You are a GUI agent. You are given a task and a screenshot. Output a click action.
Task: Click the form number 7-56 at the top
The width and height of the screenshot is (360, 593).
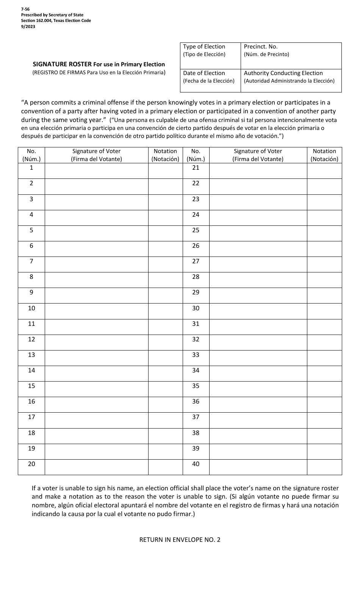click(x=25, y=9)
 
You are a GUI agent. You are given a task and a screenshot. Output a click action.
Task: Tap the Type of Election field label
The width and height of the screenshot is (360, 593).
click(x=204, y=47)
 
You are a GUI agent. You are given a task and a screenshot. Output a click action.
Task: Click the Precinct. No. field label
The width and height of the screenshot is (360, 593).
click(x=261, y=47)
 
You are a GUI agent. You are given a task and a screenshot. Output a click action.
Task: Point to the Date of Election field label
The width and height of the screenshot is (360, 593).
click(x=204, y=73)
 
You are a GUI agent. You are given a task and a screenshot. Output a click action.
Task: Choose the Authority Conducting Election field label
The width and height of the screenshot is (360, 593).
click(x=283, y=73)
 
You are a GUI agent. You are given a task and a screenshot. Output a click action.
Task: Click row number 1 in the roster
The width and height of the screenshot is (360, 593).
click(x=31, y=167)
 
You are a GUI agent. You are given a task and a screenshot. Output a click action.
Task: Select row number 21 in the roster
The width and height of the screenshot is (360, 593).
click(x=196, y=167)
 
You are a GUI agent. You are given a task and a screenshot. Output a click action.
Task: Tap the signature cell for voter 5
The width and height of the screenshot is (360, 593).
click(x=96, y=233)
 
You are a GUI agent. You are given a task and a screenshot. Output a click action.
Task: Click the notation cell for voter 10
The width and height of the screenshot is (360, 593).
click(x=165, y=311)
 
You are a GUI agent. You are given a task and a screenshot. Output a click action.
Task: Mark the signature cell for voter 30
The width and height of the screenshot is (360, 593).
click(x=258, y=311)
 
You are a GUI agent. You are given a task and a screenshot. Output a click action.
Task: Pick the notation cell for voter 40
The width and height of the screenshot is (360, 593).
click(x=324, y=467)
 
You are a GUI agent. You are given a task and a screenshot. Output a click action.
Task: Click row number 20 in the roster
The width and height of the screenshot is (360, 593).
click(x=31, y=464)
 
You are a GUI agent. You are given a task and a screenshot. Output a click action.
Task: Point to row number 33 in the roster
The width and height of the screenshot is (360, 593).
click(x=196, y=355)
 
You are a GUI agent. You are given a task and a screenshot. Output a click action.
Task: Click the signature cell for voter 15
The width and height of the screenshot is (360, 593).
click(x=96, y=389)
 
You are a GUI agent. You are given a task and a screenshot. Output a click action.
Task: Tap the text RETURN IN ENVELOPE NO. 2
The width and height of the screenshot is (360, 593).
click(x=180, y=540)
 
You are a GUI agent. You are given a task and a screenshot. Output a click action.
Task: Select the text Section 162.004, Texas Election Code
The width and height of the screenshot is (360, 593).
click(x=56, y=20)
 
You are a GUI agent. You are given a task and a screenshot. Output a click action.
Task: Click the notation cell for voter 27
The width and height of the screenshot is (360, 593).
click(x=324, y=264)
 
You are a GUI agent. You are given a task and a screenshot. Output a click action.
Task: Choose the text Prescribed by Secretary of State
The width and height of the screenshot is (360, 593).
click(x=52, y=15)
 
